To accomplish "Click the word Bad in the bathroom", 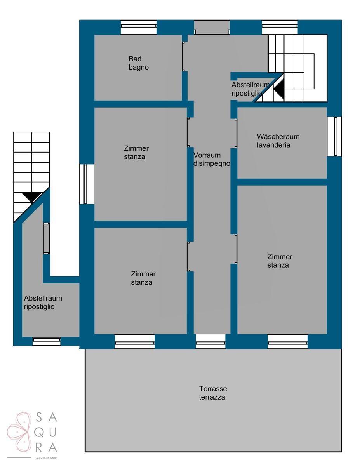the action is point(135,59).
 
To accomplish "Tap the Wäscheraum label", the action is point(278,136).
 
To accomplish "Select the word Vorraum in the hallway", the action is point(207,155).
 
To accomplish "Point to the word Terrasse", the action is point(213,389).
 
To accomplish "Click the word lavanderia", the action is point(273,145).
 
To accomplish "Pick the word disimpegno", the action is point(212,163).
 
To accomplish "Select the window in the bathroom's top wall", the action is point(139,27).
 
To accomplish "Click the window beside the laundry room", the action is point(334,136).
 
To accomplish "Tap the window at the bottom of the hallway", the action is point(210,341).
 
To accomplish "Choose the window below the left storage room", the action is point(47,341).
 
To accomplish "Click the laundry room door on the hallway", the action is point(236,134).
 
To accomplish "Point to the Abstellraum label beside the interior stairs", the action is point(250,85).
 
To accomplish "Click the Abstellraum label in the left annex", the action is point(43,298).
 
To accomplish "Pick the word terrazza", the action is point(212,397).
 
